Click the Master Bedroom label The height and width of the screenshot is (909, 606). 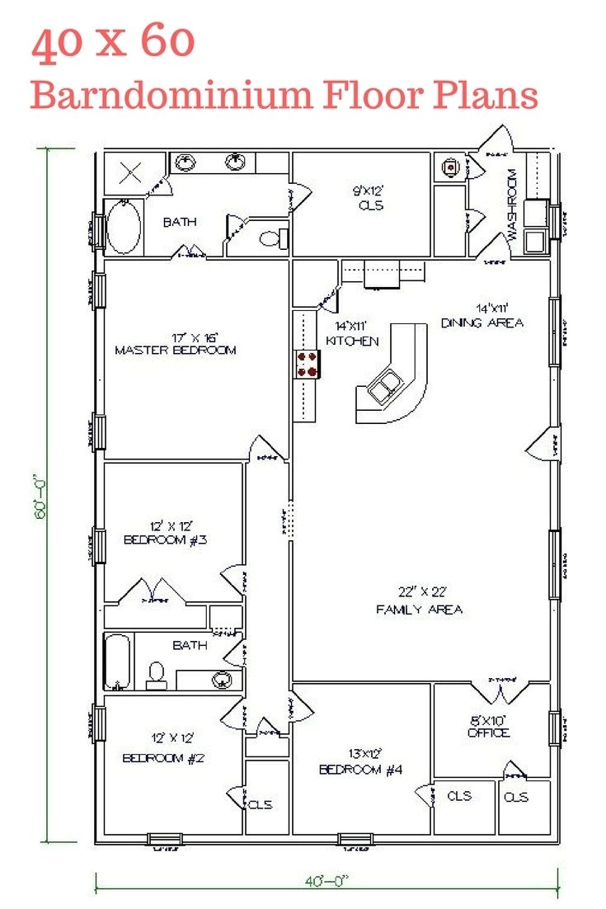pos(175,344)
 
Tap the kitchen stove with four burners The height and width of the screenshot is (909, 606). pos(308,364)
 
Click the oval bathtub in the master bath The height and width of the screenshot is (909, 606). pos(124,228)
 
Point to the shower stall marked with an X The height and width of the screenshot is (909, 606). pos(131,173)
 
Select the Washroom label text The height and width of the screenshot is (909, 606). pos(511,205)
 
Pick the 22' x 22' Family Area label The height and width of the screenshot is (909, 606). pos(419,601)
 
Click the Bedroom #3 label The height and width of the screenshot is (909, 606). pos(165,533)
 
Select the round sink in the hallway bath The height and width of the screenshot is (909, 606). pos(221,680)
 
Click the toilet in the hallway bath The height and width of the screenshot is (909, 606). pos(156,675)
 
